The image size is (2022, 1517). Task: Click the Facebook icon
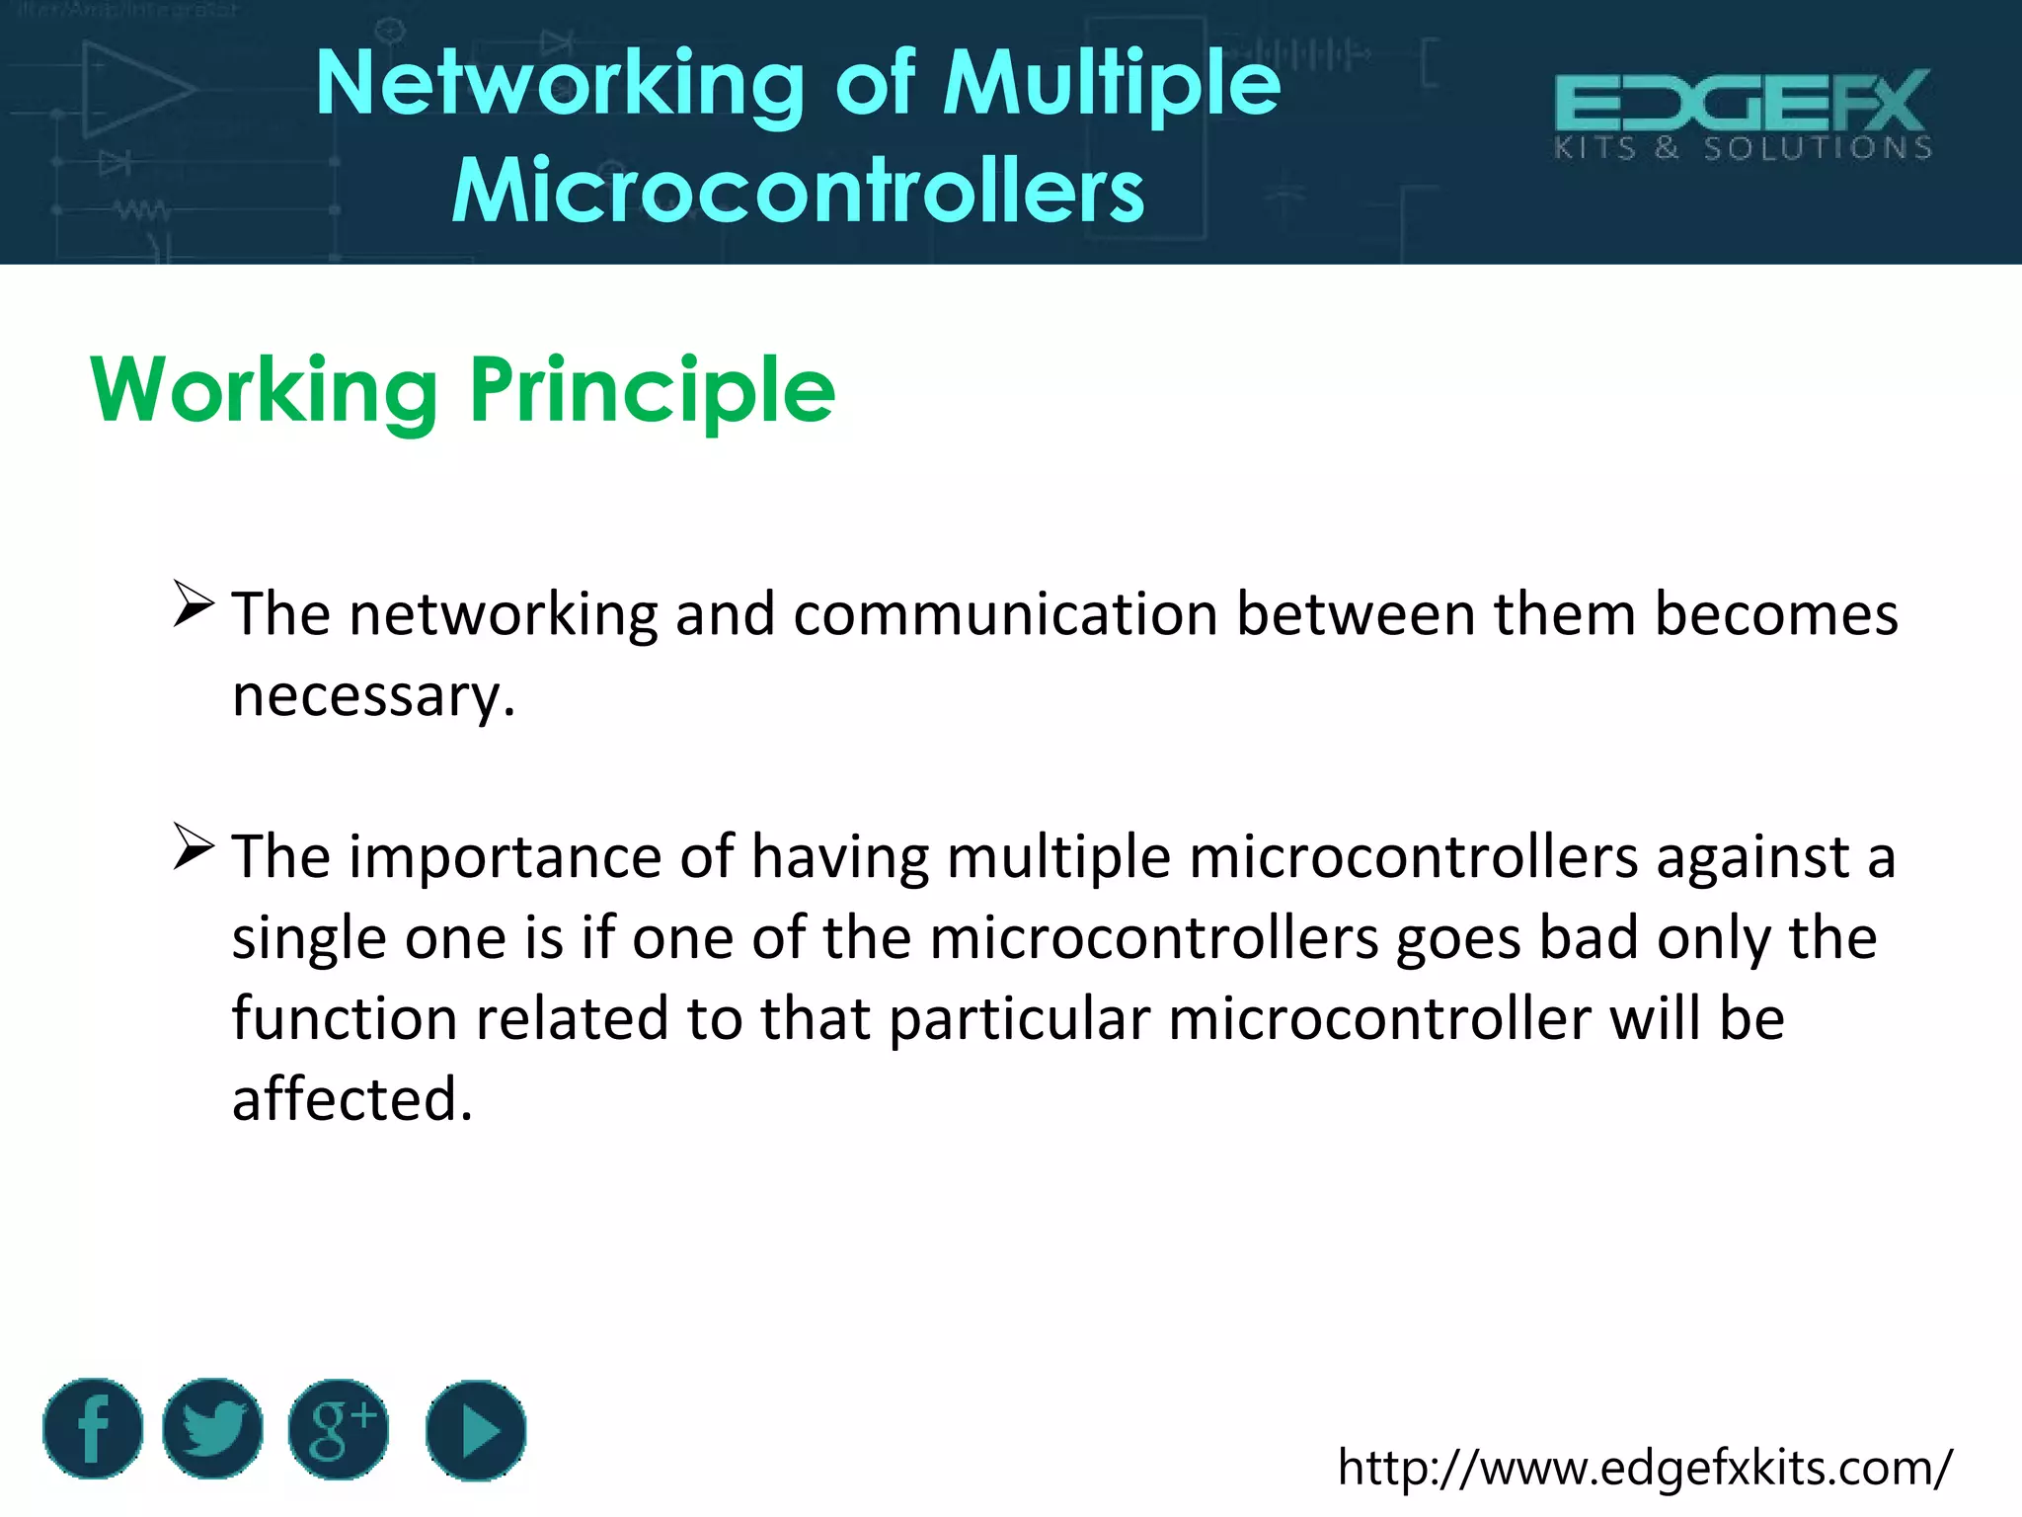pos(93,1428)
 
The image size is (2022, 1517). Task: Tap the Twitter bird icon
pos(212,1428)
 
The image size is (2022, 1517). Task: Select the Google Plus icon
pos(339,1429)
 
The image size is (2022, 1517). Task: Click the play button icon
pos(476,1430)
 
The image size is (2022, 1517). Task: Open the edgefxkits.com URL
pos(1644,1468)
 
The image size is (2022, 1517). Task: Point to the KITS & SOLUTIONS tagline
pos(1743,149)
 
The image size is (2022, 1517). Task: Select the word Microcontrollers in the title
pos(798,191)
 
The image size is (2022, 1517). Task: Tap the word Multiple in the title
pos(1112,86)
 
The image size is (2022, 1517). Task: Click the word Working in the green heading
pos(265,392)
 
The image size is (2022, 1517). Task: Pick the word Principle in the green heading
pos(653,392)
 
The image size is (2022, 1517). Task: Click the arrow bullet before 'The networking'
pos(194,604)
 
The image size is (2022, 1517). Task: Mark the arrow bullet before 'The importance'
pos(194,846)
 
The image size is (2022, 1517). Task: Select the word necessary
pos(373,696)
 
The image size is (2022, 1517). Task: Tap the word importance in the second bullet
pos(505,856)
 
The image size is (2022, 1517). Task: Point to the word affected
pos(352,1099)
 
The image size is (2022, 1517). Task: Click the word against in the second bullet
pos(1752,856)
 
